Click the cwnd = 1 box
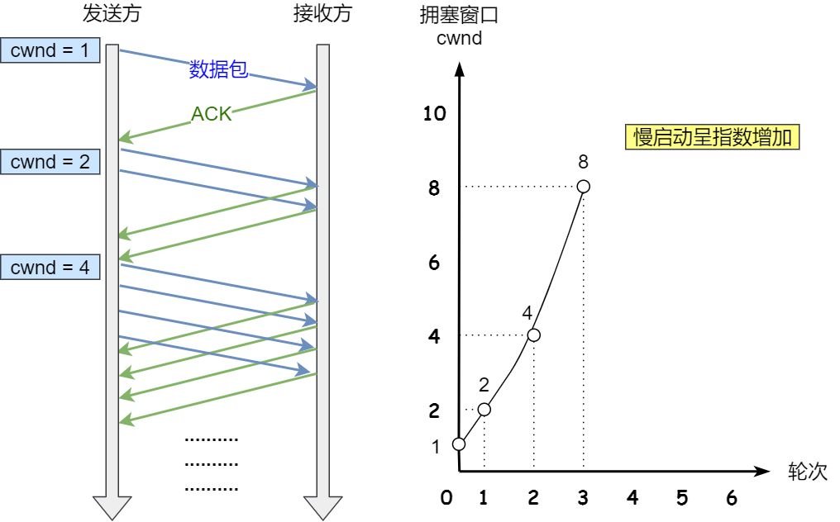click(x=50, y=51)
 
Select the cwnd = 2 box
click(x=50, y=162)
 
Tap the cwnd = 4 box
click(x=50, y=268)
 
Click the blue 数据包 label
click(x=218, y=70)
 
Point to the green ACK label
click(x=212, y=114)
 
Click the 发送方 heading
click(x=111, y=14)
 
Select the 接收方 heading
click(x=322, y=14)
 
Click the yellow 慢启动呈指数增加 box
click(x=712, y=137)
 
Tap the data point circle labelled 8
click(x=584, y=187)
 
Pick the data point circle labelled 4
click(x=533, y=335)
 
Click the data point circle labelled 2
click(x=484, y=410)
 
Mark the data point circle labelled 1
click(x=459, y=444)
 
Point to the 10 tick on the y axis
click(x=434, y=114)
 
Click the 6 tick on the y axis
click(x=434, y=263)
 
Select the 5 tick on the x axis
click(x=682, y=498)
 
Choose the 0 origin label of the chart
click(x=446, y=498)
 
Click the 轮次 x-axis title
click(x=807, y=472)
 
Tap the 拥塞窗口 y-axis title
click(x=461, y=15)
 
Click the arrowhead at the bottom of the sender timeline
click(x=112, y=507)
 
